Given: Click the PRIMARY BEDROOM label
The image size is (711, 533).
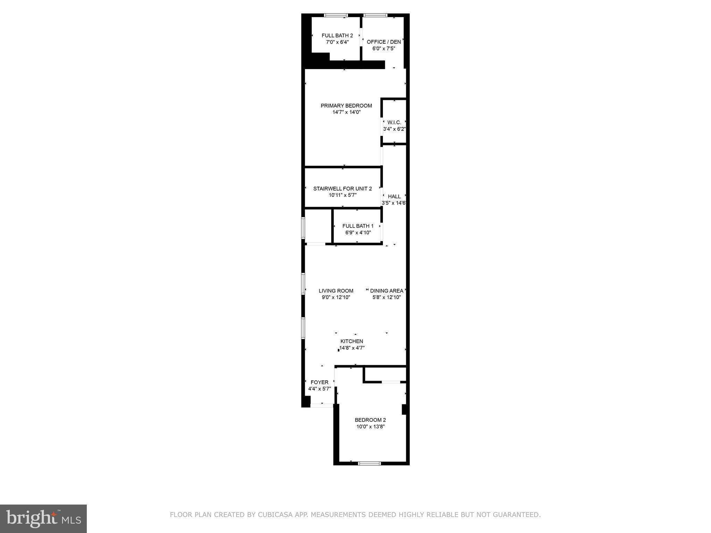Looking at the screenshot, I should click(346, 105).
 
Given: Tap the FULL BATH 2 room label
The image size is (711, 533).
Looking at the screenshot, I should click(337, 35).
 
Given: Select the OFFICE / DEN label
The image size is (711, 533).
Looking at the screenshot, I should click(384, 42).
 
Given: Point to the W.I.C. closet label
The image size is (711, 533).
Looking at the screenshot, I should click(394, 122).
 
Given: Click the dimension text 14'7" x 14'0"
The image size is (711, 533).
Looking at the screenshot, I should click(346, 112).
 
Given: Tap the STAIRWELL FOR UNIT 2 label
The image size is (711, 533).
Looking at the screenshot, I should click(342, 188).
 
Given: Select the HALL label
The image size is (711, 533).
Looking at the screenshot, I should click(394, 196).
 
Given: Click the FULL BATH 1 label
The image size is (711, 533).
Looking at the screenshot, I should click(358, 226).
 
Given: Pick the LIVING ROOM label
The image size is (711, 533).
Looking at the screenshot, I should click(336, 291).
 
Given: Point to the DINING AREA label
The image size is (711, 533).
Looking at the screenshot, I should click(386, 291).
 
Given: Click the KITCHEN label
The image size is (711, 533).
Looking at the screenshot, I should click(352, 341).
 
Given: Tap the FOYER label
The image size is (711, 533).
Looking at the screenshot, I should click(319, 382).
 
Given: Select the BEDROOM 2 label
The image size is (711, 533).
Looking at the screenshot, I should click(370, 420).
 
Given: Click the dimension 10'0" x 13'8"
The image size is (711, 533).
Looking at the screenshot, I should click(370, 426).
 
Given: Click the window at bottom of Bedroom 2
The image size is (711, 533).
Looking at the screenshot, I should click(369, 463).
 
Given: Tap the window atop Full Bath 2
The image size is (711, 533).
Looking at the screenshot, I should click(336, 15).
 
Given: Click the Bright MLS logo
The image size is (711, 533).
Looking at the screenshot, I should click(43, 519).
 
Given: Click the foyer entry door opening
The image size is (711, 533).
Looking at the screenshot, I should click(322, 405).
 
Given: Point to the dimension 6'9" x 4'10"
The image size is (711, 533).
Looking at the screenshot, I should click(358, 232).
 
